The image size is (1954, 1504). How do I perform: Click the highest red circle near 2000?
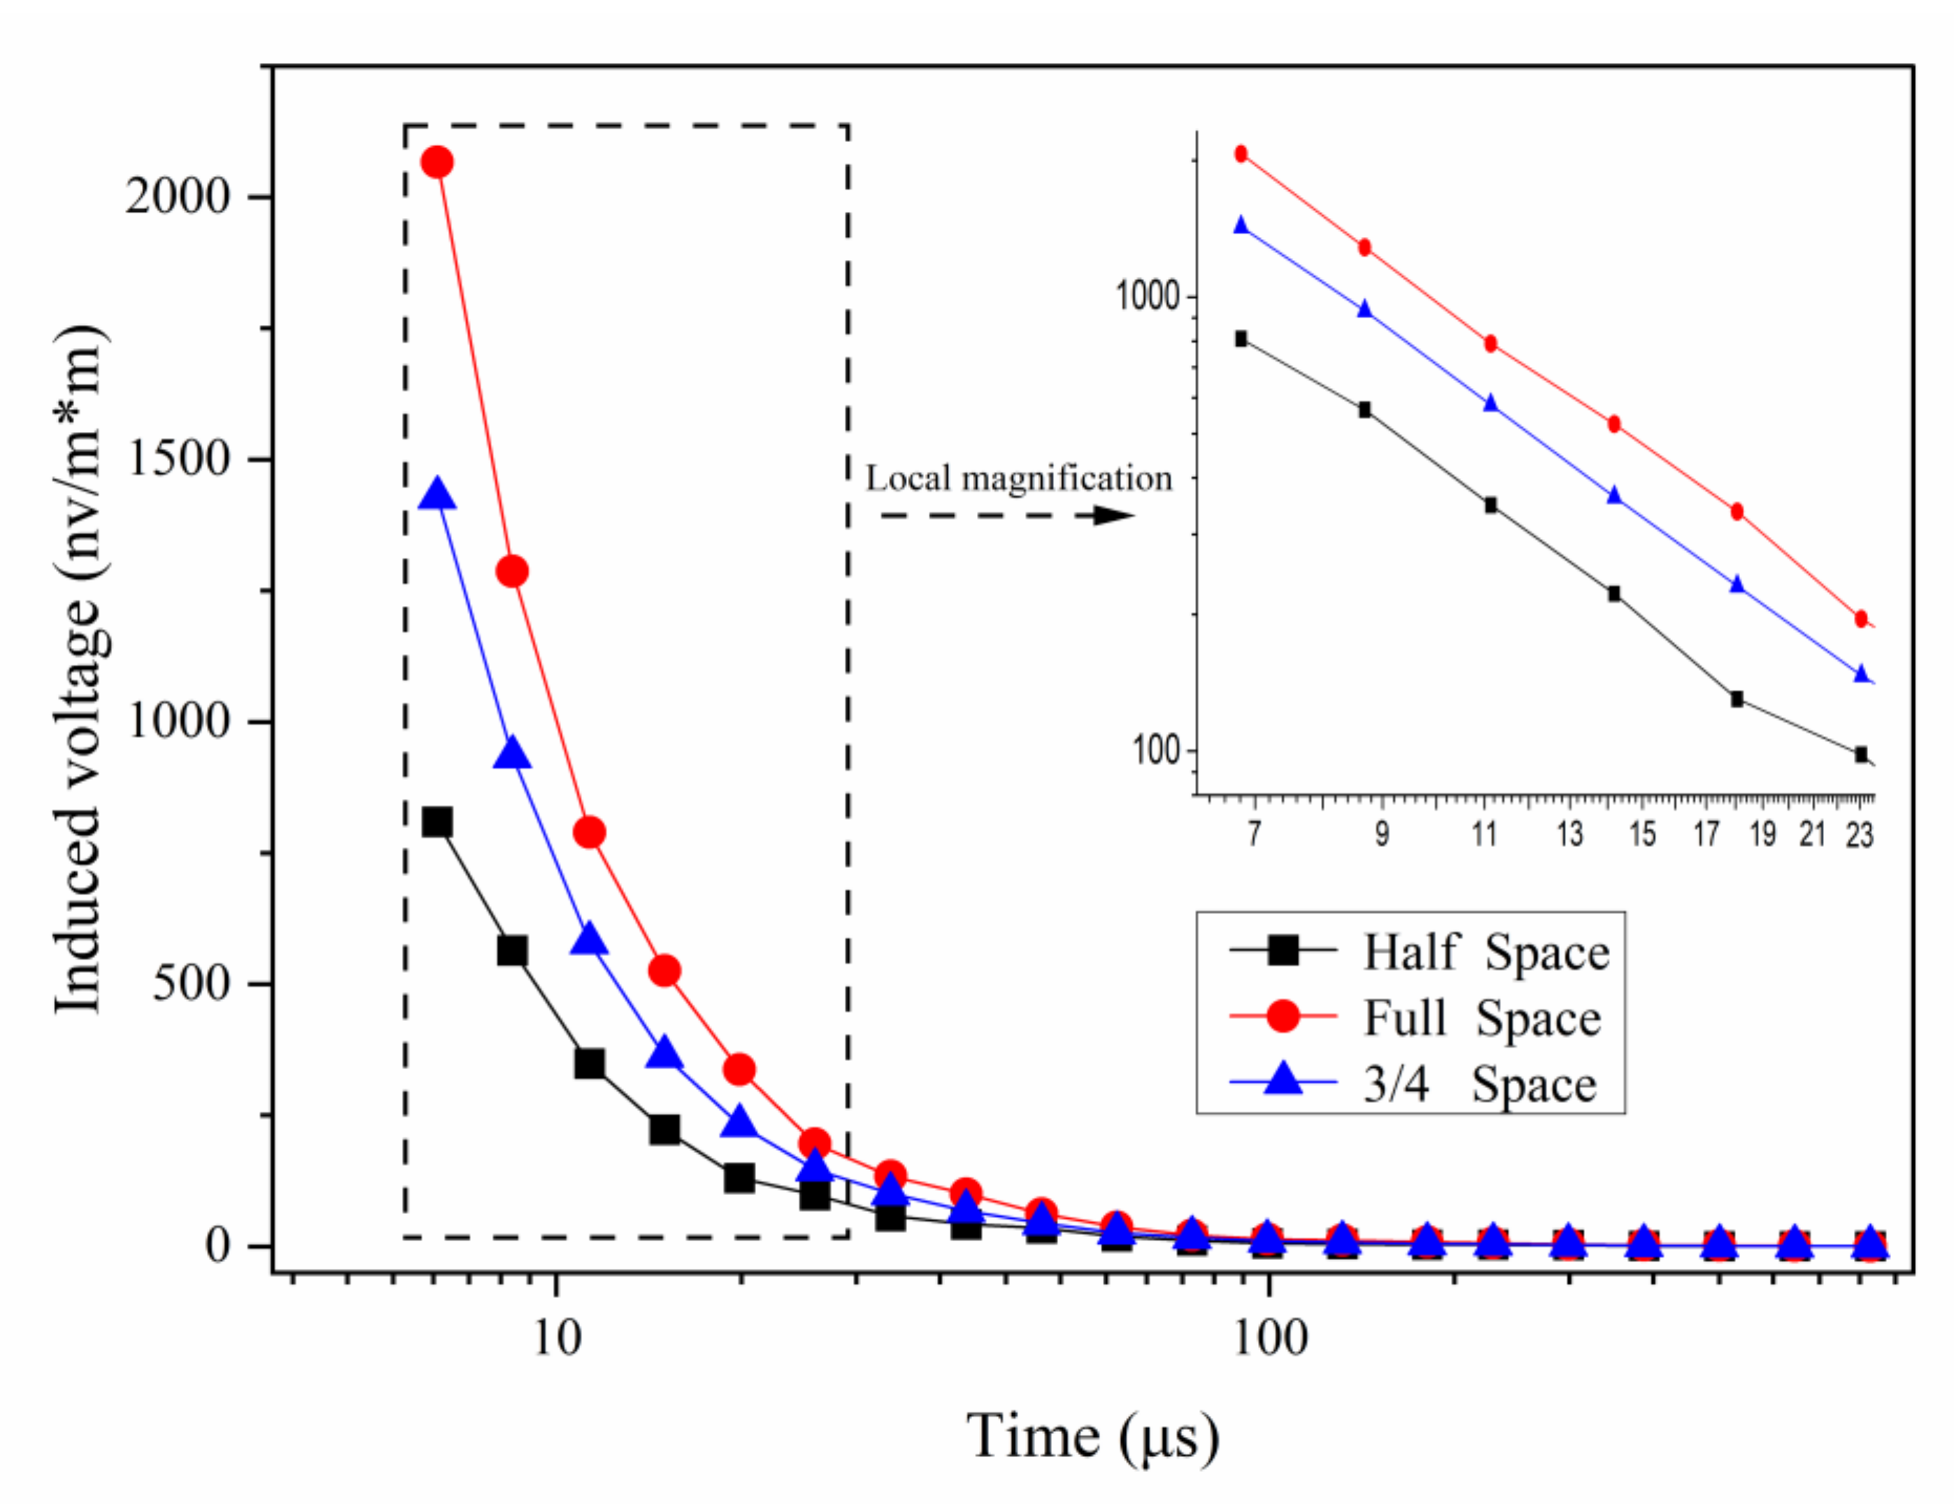point(437,162)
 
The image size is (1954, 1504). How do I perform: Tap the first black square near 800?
point(437,821)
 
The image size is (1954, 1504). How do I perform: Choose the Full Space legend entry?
point(1482,1018)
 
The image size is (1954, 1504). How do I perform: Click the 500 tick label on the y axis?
point(191,983)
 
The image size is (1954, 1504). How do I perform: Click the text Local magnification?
point(1018,479)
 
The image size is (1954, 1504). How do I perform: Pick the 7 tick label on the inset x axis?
point(1254,834)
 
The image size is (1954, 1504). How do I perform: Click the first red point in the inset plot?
point(1241,154)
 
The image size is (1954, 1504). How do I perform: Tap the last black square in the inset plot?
point(1861,755)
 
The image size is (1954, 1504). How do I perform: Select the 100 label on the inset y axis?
point(1156,750)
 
